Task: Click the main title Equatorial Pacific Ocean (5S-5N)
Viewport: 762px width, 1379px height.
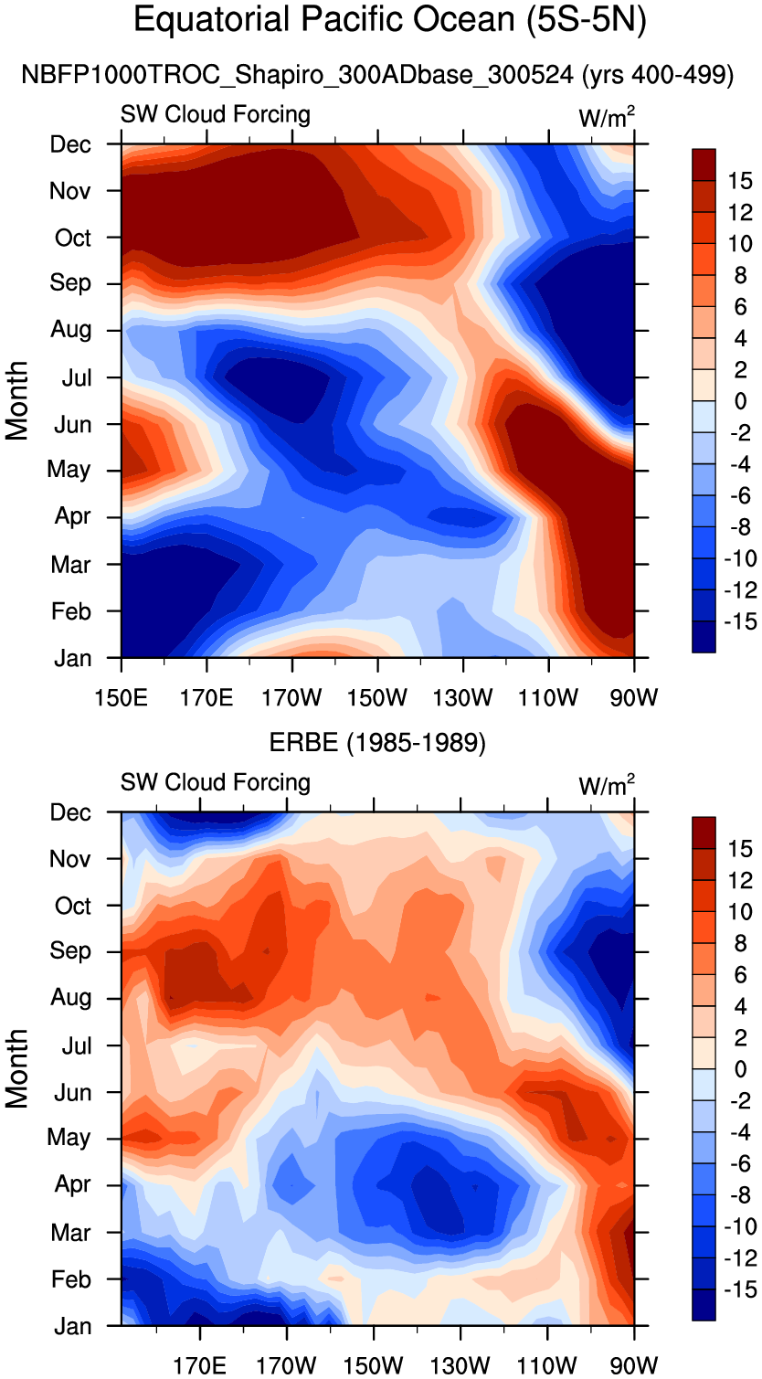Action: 390,20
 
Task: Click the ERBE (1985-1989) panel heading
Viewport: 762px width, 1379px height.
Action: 377,743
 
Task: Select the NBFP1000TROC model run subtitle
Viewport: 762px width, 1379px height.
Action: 377,76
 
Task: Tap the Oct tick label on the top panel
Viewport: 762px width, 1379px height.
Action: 73,238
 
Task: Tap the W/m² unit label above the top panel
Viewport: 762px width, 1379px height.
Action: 607,117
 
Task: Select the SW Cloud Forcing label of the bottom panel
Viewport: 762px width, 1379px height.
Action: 216,782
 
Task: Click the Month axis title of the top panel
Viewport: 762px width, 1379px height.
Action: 17,400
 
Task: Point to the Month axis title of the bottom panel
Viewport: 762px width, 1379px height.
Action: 17,1068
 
